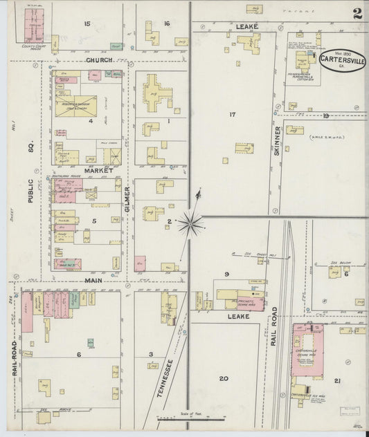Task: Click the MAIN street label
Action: pos(93,281)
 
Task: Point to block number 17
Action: pos(233,114)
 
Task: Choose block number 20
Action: pos(223,378)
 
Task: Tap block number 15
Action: pos(87,24)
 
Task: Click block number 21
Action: pos(337,382)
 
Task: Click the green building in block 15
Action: pos(116,46)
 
